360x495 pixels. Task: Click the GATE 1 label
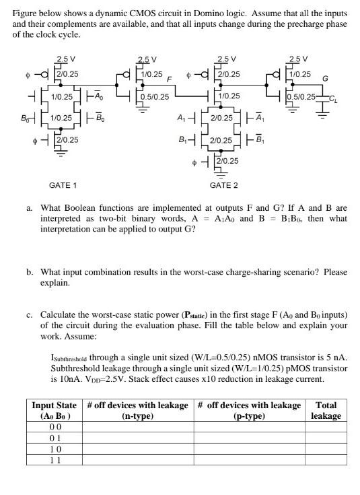tap(63, 185)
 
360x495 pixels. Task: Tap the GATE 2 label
tap(224, 185)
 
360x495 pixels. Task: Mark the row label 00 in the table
tap(55, 427)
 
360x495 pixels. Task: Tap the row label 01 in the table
tap(55, 438)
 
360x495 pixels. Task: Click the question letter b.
tap(30, 272)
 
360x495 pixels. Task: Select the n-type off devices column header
tap(137, 411)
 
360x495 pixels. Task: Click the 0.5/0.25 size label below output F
tap(155, 97)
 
